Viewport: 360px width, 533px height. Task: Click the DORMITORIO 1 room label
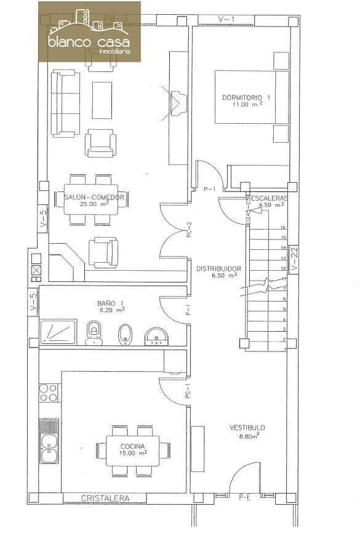click(246, 98)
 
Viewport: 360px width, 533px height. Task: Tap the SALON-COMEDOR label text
click(95, 198)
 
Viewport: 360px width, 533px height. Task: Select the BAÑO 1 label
click(111, 303)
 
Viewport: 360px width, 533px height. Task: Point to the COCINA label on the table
click(133, 446)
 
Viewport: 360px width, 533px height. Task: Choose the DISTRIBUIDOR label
click(218, 269)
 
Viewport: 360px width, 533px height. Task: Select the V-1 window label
click(226, 20)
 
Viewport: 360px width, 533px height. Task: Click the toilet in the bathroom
click(94, 333)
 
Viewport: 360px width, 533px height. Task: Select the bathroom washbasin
click(156, 336)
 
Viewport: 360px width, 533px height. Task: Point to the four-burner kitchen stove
click(49, 393)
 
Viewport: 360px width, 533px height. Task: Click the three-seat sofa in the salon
click(65, 103)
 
